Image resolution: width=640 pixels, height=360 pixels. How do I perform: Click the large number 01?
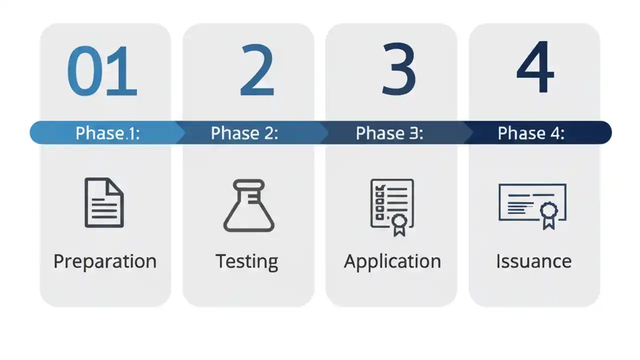(102, 71)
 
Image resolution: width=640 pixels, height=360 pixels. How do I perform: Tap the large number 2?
(257, 70)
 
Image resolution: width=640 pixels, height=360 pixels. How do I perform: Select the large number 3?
(398, 69)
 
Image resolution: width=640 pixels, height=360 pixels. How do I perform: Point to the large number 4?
(535, 68)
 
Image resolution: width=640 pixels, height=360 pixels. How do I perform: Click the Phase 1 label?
(107, 133)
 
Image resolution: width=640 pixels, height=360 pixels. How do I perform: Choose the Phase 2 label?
(244, 133)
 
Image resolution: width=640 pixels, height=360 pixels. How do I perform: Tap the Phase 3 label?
(389, 133)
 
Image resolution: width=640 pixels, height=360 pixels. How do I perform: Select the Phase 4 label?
(531, 133)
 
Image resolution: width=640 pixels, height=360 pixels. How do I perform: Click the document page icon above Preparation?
(104, 202)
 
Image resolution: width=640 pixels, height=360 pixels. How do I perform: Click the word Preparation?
(105, 261)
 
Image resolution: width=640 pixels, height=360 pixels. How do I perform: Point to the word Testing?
(247, 261)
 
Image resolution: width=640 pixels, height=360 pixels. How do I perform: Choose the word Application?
(392, 261)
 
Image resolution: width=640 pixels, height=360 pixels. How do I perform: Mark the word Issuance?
(533, 261)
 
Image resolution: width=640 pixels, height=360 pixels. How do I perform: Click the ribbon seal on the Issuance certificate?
(548, 214)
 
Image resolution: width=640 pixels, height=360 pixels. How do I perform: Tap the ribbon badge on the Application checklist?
(399, 223)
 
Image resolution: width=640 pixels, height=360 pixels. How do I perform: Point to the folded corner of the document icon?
(116, 185)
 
